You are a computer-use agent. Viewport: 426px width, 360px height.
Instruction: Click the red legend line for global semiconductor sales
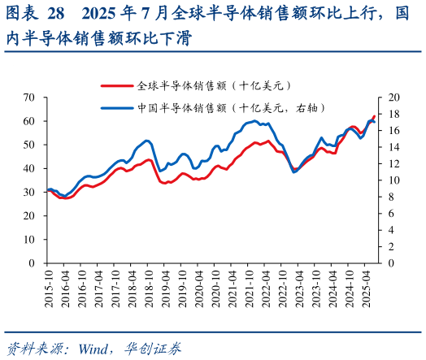[117, 85]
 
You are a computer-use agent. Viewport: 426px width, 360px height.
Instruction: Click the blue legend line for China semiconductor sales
[117, 107]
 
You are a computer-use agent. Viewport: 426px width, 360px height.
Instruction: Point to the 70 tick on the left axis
[30, 98]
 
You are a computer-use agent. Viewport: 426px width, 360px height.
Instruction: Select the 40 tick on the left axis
[30, 168]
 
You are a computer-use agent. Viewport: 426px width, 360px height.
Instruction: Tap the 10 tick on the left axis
[30, 240]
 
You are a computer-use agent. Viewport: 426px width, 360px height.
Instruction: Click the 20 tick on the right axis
[394, 98]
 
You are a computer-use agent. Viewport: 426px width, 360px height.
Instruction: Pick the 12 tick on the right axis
[394, 163]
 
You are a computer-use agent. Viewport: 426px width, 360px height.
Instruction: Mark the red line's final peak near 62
[374, 116]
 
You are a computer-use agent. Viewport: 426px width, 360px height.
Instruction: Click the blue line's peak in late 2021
[255, 121]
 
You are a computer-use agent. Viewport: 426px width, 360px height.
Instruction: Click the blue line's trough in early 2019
[161, 171]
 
